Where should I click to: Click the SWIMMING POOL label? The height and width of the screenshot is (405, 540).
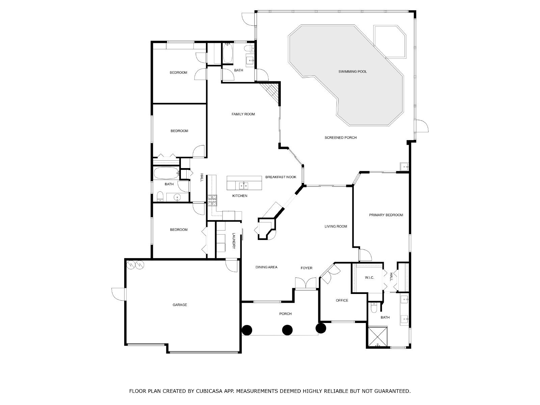352,72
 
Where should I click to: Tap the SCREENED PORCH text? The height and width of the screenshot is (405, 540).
341,138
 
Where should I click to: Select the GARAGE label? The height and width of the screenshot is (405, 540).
180,305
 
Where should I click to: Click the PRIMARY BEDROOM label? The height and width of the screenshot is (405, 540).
386,215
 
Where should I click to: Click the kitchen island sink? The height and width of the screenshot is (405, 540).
244,185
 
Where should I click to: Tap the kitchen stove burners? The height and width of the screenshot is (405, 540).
212,201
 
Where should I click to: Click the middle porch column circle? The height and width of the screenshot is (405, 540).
287,330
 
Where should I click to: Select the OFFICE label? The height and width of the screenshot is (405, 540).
342,300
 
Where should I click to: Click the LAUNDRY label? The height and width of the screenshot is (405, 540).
233,241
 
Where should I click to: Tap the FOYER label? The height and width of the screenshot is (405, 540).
306,268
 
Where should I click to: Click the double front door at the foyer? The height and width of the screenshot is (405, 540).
306,283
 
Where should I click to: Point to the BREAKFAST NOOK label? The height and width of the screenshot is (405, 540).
280,177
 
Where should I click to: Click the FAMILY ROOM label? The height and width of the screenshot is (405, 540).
243,114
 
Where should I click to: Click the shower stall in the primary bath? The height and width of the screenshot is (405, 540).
378,337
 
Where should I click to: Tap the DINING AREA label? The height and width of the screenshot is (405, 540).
266,267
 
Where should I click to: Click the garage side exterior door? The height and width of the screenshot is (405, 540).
118,294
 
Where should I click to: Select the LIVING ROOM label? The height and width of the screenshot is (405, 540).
336,226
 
